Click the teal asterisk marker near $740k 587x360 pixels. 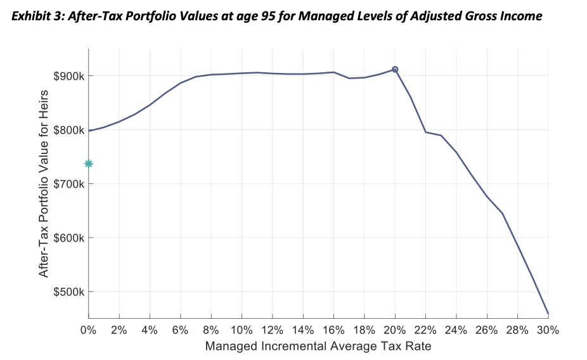click(x=89, y=164)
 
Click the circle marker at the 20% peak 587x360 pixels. click(x=395, y=69)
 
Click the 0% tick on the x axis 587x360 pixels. click(x=89, y=330)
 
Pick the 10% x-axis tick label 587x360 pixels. click(x=242, y=330)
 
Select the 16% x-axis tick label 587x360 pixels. click(x=333, y=330)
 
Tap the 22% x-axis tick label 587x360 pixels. click(x=425, y=330)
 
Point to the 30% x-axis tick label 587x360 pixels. click(x=548, y=330)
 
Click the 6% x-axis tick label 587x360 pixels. click(x=181, y=330)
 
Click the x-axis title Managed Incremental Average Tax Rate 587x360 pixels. click(x=318, y=347)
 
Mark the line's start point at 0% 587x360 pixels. click(x=89, y=131)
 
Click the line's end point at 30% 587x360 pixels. click(x=548, y=314)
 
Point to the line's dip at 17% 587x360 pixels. click(x=349, y=78)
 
